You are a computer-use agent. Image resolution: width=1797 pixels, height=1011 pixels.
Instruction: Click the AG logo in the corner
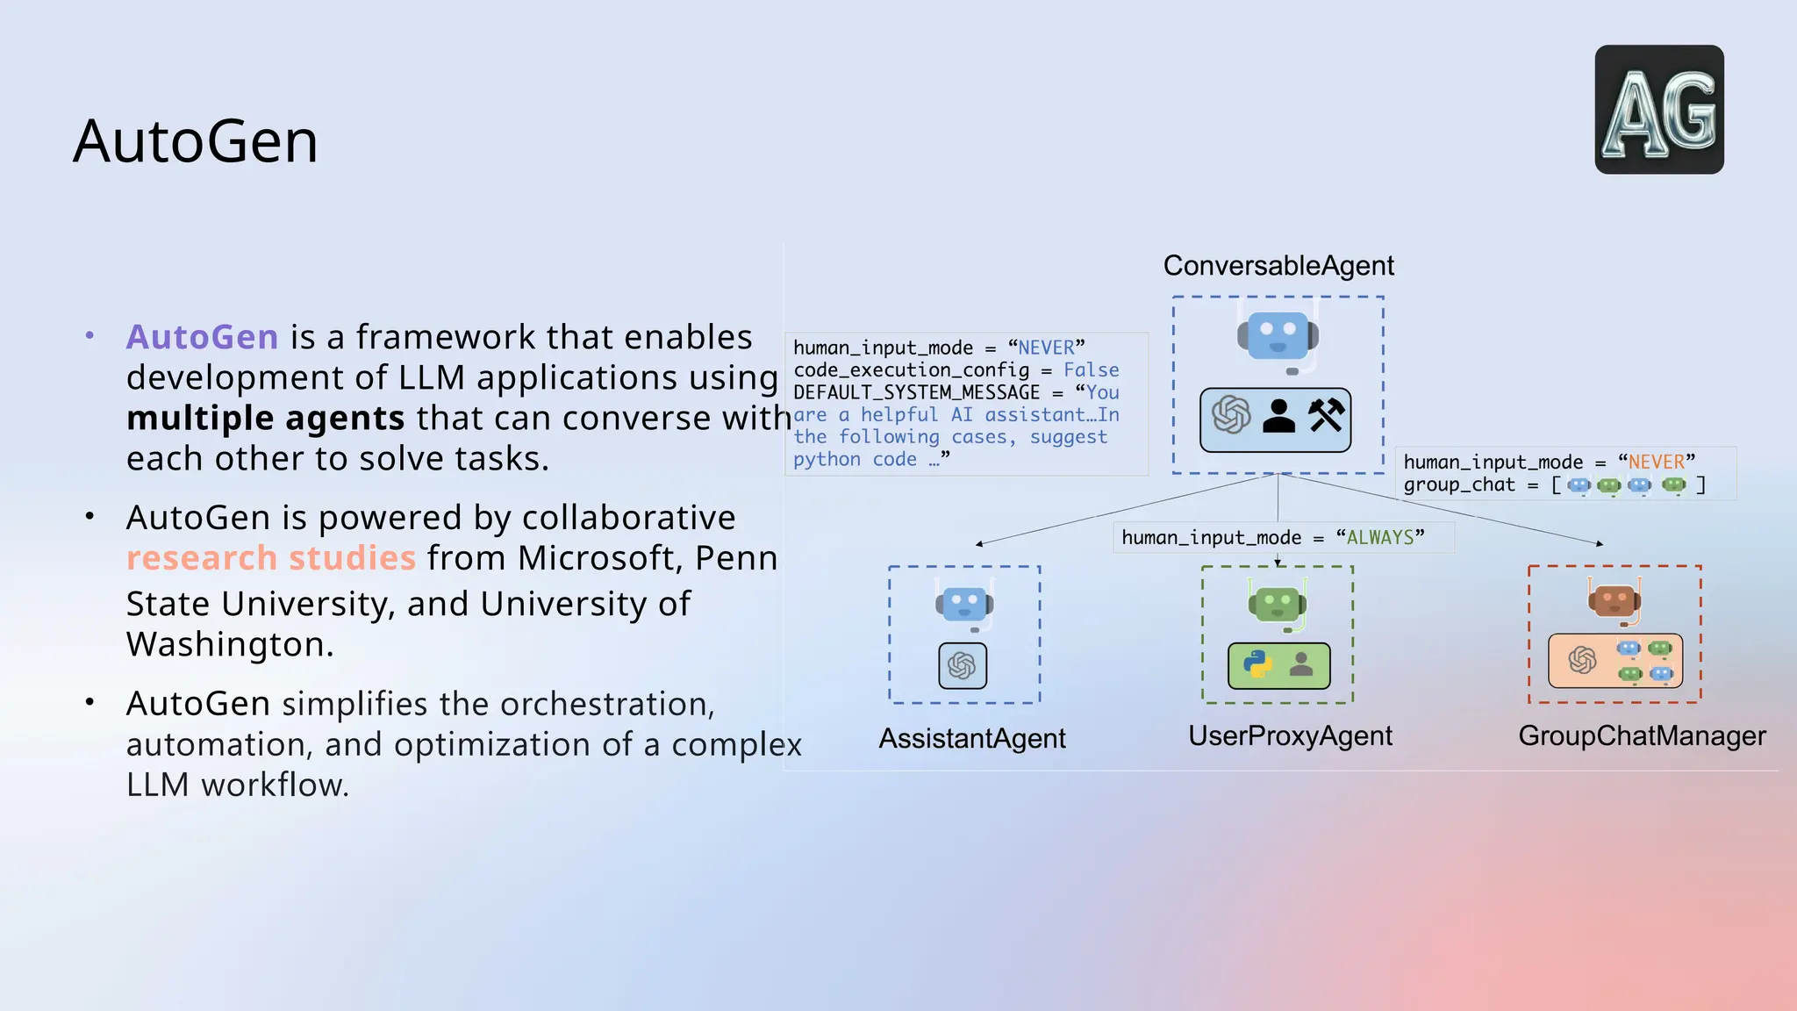coord(1658,110)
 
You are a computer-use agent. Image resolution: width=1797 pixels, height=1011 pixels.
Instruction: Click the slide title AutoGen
coord(195,141)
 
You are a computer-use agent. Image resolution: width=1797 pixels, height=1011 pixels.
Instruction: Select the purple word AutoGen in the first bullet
coord(202,337)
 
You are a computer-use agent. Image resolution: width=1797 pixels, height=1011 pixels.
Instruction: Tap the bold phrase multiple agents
coord(265,419)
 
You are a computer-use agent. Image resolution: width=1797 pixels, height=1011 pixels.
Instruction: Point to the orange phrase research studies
coord(270,558)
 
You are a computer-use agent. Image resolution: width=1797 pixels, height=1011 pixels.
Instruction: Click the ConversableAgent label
coord(1278,265)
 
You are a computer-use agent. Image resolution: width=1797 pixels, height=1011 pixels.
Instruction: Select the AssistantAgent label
coord(972,738)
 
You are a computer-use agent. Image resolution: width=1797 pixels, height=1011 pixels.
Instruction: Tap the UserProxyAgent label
coord(1290,735)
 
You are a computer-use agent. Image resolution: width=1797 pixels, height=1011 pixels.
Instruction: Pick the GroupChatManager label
coord(1642,735)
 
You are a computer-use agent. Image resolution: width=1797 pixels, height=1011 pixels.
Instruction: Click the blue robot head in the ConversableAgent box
coord(1278,336)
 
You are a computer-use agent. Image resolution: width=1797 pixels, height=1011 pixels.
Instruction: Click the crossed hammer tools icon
coord(1326,415)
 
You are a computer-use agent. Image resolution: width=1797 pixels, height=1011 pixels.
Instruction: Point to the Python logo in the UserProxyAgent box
coord(1257,664)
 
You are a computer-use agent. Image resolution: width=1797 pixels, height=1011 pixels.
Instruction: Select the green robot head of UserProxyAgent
coord(1277,604)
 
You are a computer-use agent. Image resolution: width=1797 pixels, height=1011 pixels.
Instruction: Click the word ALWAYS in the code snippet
coord(1380,537)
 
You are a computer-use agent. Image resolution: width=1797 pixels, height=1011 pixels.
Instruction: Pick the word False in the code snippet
coord(1091,370)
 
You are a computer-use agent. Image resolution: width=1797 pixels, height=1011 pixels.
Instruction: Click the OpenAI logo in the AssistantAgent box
coord(963,665)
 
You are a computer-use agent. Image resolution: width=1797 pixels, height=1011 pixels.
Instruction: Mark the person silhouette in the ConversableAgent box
coord(1278,416)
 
